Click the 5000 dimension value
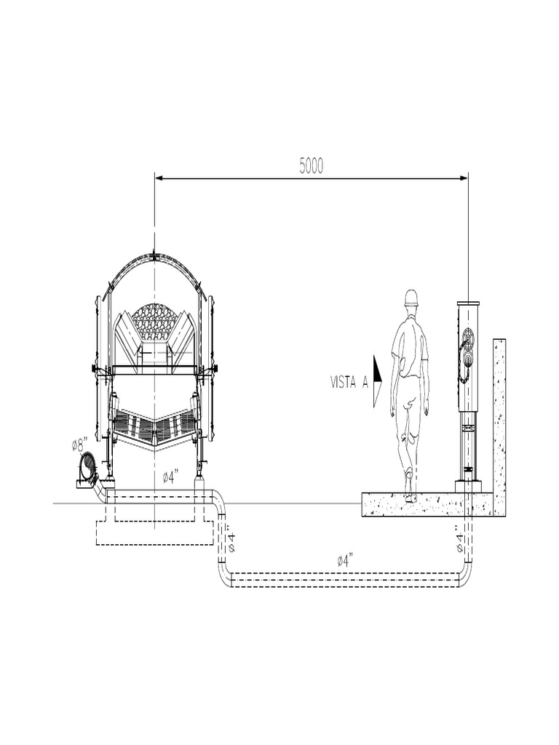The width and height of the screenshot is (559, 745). [312, 166]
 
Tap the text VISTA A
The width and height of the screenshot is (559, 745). [349, 383]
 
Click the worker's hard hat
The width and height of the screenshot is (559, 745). [411, 298]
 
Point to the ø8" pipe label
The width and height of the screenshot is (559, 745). [80, 445]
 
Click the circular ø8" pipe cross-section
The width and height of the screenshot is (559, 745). [88, 467]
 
